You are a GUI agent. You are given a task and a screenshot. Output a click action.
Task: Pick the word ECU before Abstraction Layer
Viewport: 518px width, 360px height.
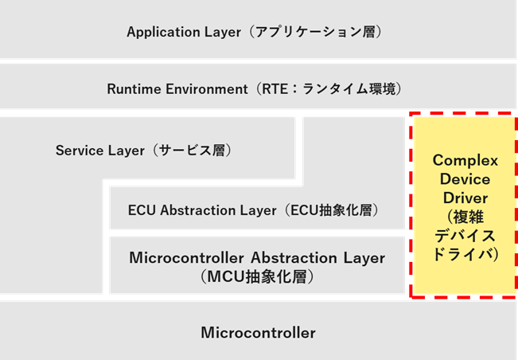(142, 210)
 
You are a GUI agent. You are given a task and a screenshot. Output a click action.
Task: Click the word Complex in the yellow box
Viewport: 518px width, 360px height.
(463, 160)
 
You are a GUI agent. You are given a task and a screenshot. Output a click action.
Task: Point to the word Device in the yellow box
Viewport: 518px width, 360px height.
(463, 178)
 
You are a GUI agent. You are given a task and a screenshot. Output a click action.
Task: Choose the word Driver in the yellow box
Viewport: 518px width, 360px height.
(463, 197)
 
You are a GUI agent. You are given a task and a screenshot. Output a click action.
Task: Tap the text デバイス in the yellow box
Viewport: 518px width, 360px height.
(463, 236)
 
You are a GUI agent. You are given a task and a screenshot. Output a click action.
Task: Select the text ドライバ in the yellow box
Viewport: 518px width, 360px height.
(463, 255)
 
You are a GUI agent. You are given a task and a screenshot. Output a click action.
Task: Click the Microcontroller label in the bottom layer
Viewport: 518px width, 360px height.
(258, 332)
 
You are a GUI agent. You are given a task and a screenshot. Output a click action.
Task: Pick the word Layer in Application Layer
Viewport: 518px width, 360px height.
(221, 33)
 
